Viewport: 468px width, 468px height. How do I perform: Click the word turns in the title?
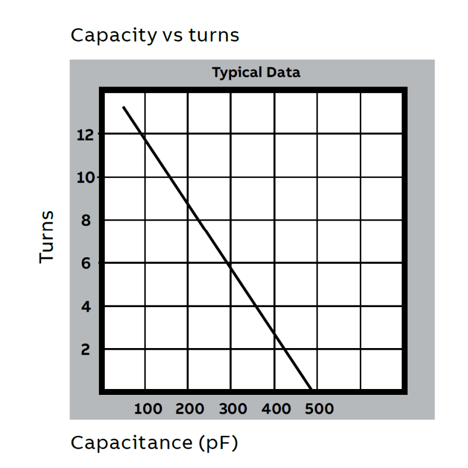coord(214,36)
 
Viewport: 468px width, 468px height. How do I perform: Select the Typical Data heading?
coord(256,73)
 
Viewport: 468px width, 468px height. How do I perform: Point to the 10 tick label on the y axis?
coord(85,177)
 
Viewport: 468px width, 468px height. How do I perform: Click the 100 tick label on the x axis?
coord(148,409)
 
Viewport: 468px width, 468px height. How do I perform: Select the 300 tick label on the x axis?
coord(233,409)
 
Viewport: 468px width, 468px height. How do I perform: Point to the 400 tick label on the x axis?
coord(276,409)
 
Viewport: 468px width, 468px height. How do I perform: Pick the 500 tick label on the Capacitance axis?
coord(319,409)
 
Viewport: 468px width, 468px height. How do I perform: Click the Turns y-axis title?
coord(47,237)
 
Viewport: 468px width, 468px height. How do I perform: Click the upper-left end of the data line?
coord(123,107)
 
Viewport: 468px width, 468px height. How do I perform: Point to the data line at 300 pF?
coord(230,266)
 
